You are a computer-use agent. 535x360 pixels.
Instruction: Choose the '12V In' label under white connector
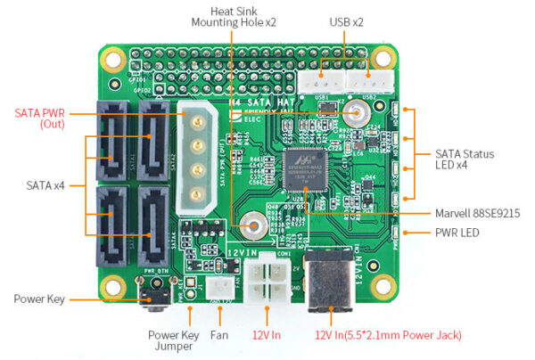tap(267, 336)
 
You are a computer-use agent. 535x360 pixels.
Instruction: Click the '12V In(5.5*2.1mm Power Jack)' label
tap(388, 336)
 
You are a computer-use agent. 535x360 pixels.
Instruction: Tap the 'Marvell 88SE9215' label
tap(477, 212)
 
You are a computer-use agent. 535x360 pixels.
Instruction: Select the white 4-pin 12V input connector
tap(267, 284)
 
